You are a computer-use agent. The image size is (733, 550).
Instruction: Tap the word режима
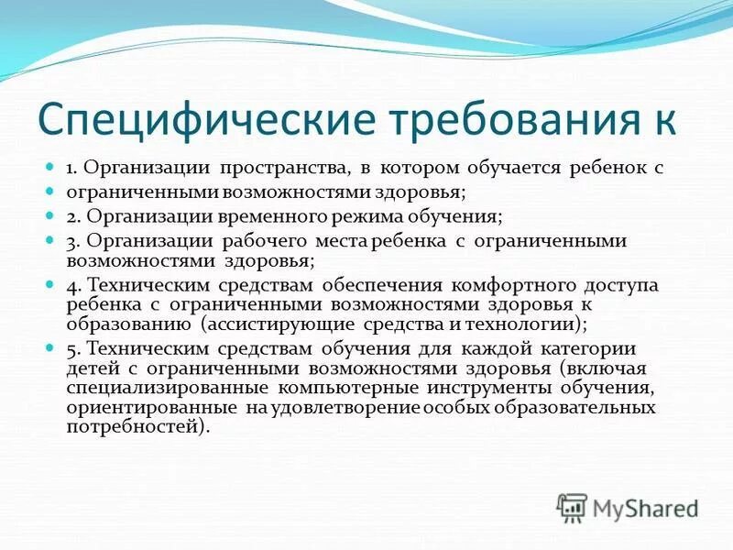point(380,216)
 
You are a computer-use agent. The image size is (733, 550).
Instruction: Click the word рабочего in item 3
point(269,240)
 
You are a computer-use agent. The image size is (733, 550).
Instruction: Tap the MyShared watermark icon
point(573,507)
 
